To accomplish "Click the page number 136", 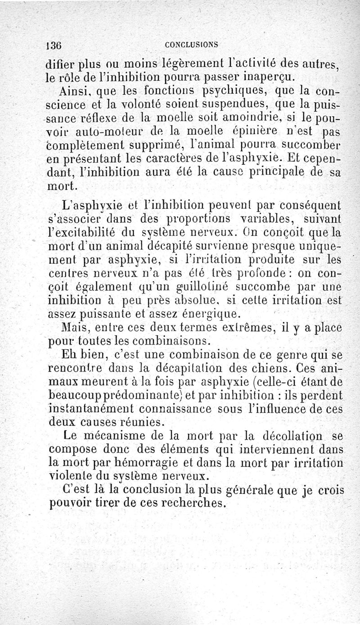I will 57,45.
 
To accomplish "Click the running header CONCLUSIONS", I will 191,45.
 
